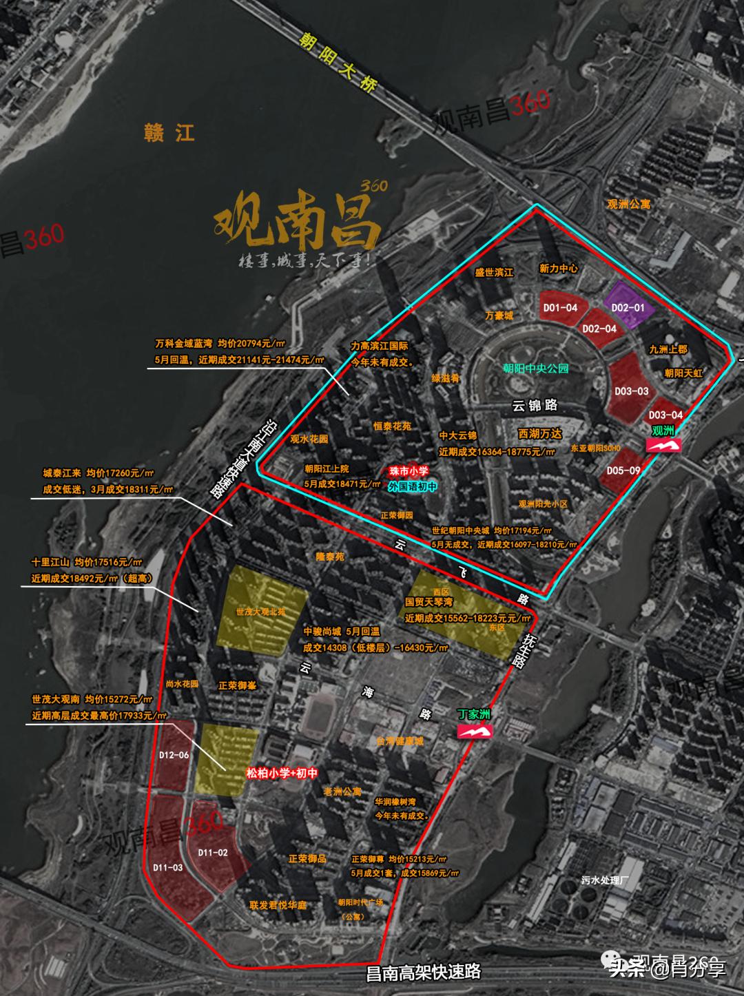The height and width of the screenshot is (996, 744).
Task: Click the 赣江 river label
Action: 169,132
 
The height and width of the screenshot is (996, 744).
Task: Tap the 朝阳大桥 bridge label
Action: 338,63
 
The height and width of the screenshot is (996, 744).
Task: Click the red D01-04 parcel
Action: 559,308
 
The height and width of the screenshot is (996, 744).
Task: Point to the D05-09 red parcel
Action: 623,470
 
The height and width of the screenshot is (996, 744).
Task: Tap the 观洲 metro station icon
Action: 663,446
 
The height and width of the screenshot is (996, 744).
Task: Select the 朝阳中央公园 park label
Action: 535,369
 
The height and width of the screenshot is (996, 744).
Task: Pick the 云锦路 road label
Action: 535,405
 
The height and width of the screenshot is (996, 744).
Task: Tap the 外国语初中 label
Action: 412,486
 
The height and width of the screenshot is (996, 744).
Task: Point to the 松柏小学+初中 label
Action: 282,774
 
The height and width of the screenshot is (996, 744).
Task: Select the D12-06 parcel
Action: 173,756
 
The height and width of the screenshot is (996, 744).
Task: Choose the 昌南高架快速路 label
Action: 422,972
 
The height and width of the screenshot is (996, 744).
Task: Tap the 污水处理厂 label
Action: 605,880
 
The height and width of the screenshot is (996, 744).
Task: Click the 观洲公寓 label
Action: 628,204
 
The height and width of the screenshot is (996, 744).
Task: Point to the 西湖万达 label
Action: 540,434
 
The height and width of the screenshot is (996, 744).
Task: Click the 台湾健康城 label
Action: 400,741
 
